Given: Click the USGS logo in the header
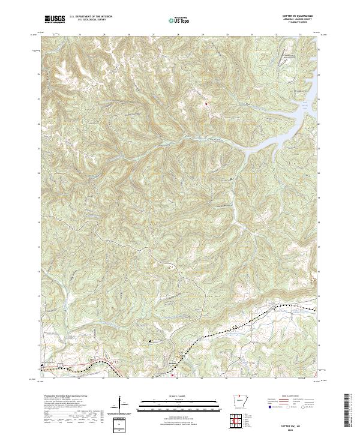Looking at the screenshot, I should [55, 19].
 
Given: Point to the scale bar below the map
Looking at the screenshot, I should [178, 403].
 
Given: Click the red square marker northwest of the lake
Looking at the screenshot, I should [207, 104].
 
